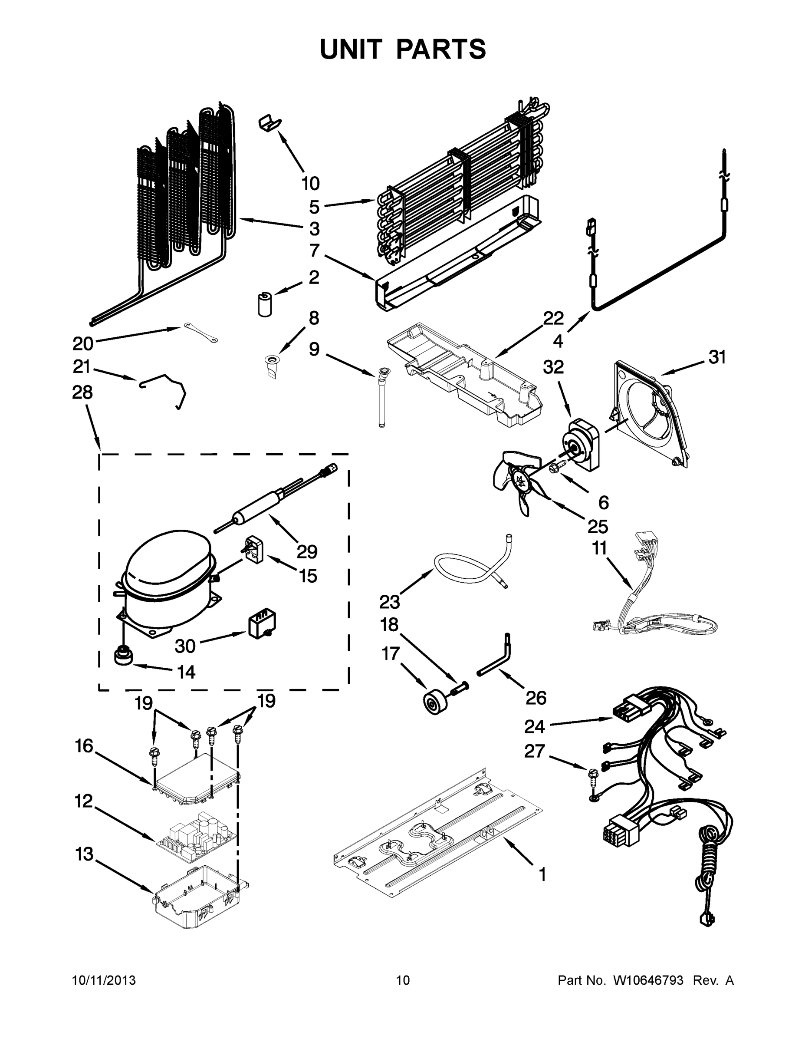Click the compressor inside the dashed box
pos(164,580)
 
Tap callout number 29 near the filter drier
pos(307,552)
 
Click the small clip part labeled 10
pos(269,123)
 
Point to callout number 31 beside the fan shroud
pos(717,357)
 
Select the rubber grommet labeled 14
pos(123,656)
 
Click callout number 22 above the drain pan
pos(553,318)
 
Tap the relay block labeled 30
pos(262,625)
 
